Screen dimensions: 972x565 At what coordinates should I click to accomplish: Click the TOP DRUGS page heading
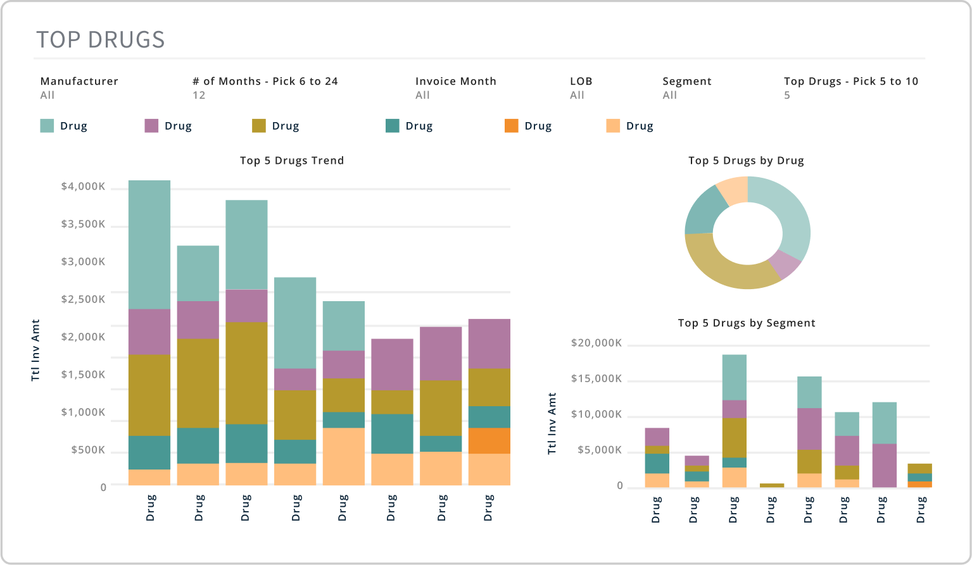coord(100,39)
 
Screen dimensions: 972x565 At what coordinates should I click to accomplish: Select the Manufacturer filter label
coord(79,81)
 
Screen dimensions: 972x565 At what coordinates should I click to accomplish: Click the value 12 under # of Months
coord(199,95)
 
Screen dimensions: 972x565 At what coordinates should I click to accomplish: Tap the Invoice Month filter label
coord(456,81)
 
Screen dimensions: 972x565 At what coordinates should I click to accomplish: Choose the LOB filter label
coord(581,81)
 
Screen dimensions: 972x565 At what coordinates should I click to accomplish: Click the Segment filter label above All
coord(687,82)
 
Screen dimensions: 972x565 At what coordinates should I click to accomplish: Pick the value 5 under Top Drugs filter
coord(786,95)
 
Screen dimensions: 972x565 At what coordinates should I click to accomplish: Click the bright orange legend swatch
coord(511,126)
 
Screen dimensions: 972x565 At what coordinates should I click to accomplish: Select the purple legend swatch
coord(151,126)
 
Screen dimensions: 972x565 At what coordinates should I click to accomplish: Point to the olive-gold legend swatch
coord(258,126)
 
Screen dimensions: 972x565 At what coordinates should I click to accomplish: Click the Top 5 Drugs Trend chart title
coord(292,161)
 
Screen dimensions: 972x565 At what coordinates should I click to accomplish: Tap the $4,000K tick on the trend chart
coord(83,187)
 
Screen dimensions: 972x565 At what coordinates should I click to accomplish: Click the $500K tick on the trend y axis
coord(88,450)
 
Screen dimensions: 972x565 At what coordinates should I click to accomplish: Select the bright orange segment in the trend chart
coord(489,440)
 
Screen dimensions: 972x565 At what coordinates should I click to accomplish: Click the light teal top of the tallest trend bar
coord(149,245)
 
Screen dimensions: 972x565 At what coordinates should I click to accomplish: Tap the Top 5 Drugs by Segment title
coord(747,323)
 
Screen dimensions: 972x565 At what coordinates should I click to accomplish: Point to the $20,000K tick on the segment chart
coord(596,343)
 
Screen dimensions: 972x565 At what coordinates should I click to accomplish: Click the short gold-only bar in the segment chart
coord(771,485)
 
